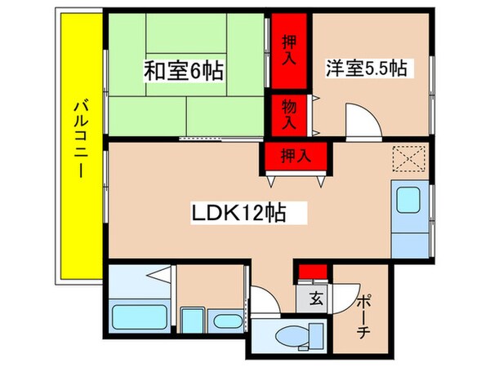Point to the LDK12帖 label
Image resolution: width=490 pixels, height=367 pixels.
[238, 214]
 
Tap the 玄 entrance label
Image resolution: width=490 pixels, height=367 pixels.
[314, 298]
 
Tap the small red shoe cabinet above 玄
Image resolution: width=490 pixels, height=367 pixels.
[311, 272]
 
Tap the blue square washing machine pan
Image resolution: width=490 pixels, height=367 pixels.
[193, 321]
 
